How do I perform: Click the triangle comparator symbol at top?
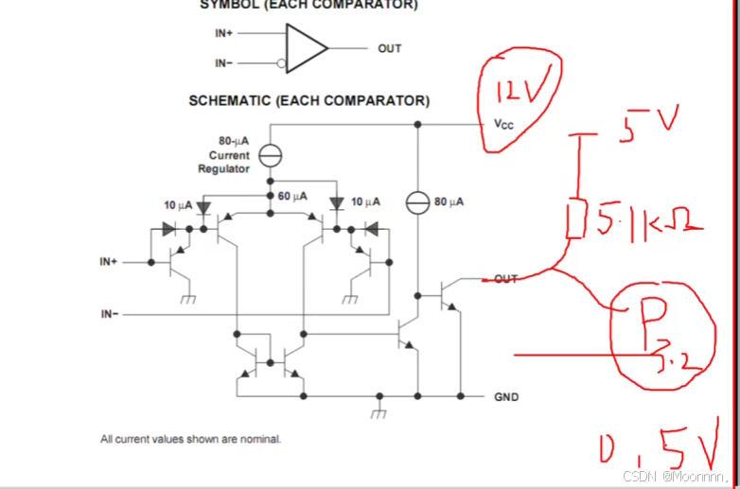pos(306,48)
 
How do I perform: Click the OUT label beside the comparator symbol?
pos(389,48)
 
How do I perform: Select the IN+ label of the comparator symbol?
pos(225,33)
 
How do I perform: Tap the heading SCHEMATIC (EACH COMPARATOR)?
pos(308,100)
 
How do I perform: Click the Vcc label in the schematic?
pos(503,124)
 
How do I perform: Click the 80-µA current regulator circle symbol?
pos(271,154)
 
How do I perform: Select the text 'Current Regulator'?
pos(224,162)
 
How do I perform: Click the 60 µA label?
pos(292,196)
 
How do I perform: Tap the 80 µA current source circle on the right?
pos(417,201)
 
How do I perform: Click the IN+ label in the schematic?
pos(109,261)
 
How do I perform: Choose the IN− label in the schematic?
pos(110,313)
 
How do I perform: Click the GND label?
pos(506,397)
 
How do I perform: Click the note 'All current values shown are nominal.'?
pos(191,439)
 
